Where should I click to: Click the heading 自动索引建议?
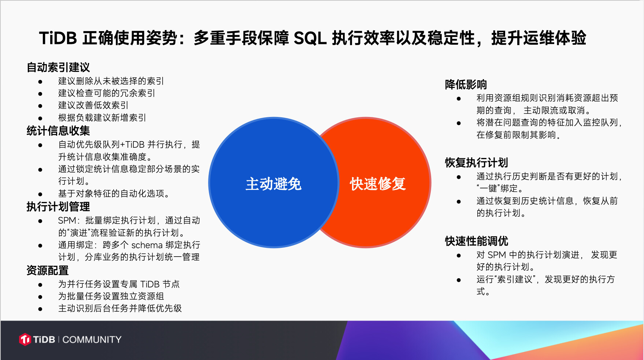pos(58,67)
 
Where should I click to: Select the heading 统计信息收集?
pos(58,131)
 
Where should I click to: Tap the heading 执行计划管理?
pos(58,207)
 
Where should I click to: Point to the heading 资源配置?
pos(48,271)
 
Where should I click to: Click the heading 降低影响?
pos(466,85)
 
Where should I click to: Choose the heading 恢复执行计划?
pos(477,163)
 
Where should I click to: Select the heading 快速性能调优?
pos(477,241)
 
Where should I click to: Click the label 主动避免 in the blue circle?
pos(274,184)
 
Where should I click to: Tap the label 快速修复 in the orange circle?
pos(378,184)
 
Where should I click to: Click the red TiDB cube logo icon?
pos(25,339)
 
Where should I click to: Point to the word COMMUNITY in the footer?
pos(92,340)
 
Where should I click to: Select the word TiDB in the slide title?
pos(58,38)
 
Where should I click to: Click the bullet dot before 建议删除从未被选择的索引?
pos(40,82)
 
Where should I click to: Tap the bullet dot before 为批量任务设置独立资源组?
pos(40,297)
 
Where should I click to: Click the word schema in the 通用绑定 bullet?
pos(147,245)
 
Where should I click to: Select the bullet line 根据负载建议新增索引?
pos(102,118)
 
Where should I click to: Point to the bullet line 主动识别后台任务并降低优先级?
pos(120,308)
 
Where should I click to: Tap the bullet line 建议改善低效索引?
pos(93,105)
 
